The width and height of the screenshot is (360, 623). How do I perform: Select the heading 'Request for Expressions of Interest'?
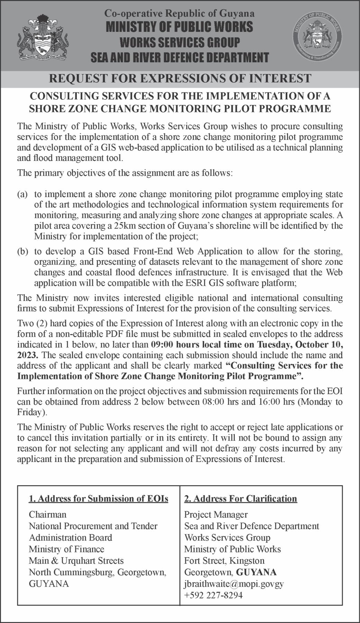(x=180, y=78)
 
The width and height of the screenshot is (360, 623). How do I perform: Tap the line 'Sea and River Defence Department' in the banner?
(x=180, y=57)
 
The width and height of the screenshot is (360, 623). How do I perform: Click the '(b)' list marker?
(x=22, y=251)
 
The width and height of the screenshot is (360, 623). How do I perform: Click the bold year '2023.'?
(x=28, y=355)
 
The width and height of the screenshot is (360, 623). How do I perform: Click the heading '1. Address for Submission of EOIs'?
(x=99, y=498)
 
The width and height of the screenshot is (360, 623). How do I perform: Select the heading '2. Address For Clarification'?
(x=241, y=498)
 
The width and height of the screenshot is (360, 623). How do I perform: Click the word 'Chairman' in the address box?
(x=47, y=514)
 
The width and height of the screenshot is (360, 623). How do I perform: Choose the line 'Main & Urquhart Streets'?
(x=76, y=560)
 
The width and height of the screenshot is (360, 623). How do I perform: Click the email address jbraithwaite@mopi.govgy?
(x=234, y=584)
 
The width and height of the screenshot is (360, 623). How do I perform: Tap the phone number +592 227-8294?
(x=213, y=595)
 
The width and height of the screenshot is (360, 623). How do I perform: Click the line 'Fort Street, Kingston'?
(x=224, y=560)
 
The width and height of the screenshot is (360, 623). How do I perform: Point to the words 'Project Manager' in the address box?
(x=216, y=514)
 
